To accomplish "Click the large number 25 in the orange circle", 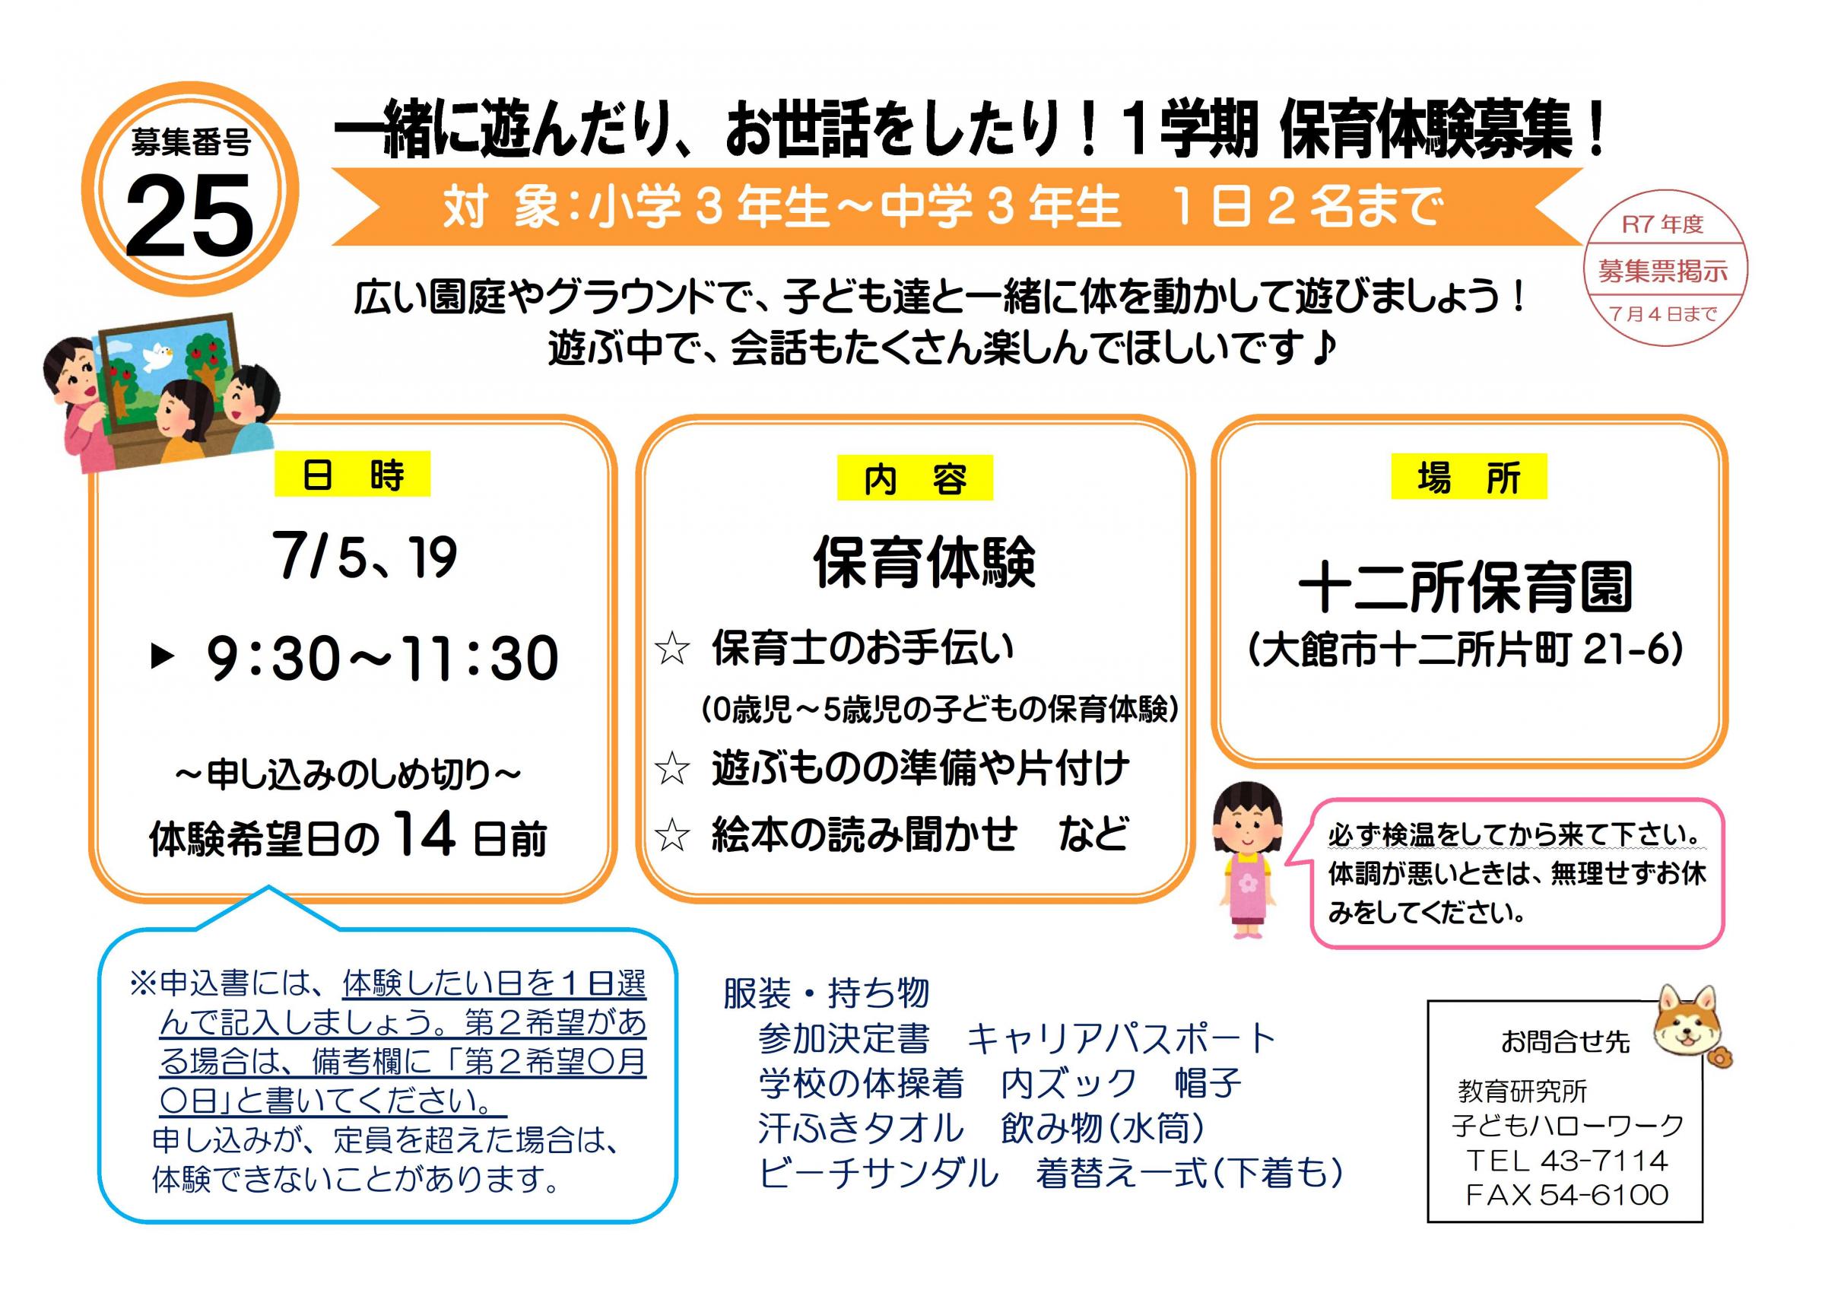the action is [x=190, y=215].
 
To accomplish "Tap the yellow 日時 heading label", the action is [x=352, y=475].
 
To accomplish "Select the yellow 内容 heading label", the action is [x=915, y=478].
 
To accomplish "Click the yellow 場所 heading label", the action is [x=1469, y=477].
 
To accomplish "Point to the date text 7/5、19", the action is [x=365, y=556].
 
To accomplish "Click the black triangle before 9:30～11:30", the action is [x=163, y=656].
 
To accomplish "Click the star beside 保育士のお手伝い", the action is [x=672, y=649].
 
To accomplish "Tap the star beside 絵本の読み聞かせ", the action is [x=672, y=835].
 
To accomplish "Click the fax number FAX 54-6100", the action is [x=1566, y=1195].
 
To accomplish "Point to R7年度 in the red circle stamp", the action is [x=1662, y=224].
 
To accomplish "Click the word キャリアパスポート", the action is [x=1122, y=1038].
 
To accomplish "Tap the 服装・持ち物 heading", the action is [x=827, y=993].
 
